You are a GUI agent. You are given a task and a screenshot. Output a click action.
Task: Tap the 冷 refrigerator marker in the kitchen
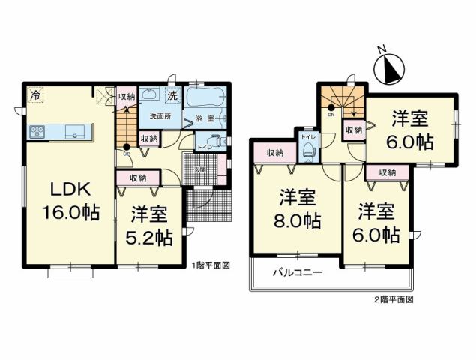pos(35,94)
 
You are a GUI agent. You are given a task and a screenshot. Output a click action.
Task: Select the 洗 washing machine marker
pos(172,95)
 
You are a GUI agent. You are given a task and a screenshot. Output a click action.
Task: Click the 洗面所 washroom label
pos(160,117)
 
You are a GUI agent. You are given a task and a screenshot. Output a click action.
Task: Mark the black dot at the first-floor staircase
pos(127,145)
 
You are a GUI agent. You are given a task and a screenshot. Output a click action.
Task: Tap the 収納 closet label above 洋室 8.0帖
pos(275,153)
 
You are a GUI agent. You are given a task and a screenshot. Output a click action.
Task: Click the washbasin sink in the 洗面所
pos(149,94)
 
